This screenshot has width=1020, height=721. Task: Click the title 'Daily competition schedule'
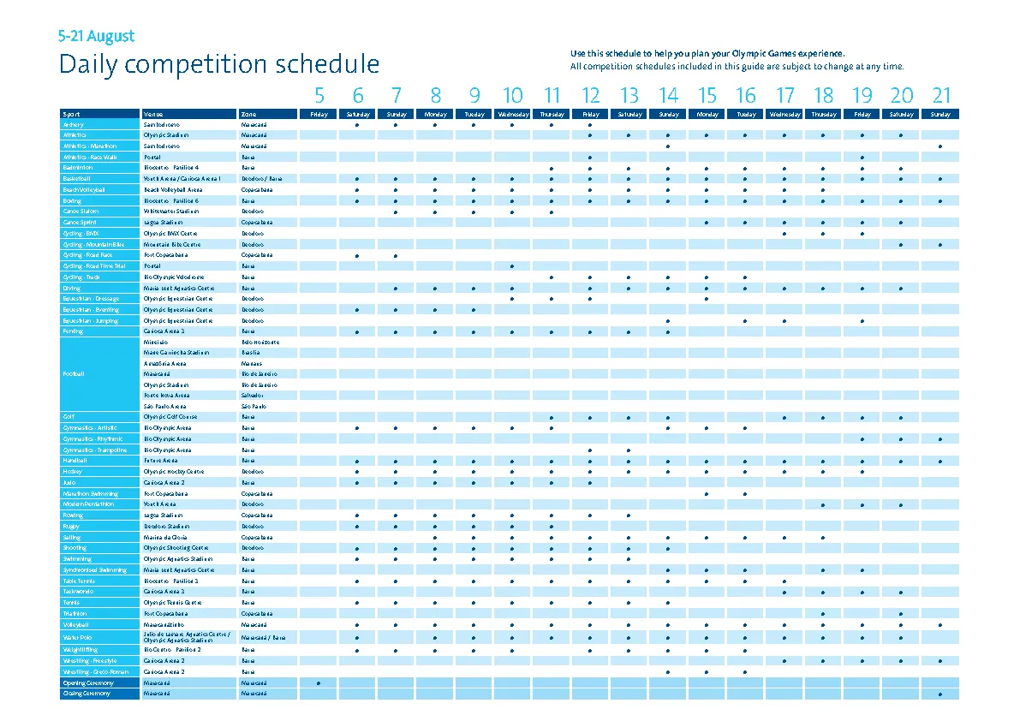pyautogui.click(x=218, y=65)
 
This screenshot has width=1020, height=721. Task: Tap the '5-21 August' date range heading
pyautogui.click(x=96, y=37)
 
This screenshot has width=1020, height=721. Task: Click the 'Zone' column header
pyautogui.click(x=248, y=114)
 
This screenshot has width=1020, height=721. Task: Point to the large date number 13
pyautogui.click(x=629, y=95)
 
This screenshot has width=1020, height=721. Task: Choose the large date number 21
pyautogui.click(x=941, y=95)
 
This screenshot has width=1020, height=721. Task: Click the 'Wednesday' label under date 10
pyautogui.click(x=513, y=114)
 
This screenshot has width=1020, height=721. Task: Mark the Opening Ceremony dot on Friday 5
pyautogui.click(x=319, y=682)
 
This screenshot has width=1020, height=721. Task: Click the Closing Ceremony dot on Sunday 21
pyautogui.click(x=940, y=694)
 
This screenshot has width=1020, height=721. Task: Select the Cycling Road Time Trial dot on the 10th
pyautogui.click(x=512, y=266)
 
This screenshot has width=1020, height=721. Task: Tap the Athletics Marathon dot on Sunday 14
pyautogui.click(x=668, y=146)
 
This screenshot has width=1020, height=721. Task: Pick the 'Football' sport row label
pyautogui.click(x=74, y=374)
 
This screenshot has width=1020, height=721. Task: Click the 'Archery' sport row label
pyautogui.click(x=73, y=124)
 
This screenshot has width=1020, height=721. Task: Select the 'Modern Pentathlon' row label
pyautogui.click(x=88, y=504)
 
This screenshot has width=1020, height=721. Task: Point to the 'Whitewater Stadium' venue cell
pyautogui.click(x=170, y=212)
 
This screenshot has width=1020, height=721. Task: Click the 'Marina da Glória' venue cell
pyautogui.click(x=166, y=537)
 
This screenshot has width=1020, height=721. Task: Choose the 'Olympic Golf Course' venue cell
pyautogui.click(x=171, y=417)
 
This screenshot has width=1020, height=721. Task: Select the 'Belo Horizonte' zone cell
pyautogui.click(x=259, y=342)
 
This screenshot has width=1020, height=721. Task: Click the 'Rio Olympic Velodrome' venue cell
pyautogui.click(x=174, y=277)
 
